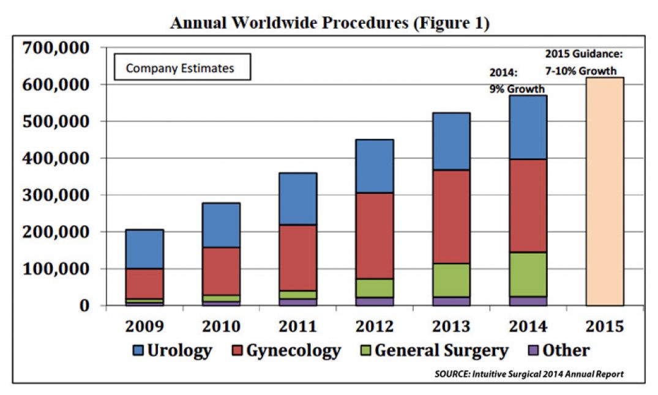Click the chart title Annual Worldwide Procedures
[x=329, y=23]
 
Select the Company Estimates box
[x=180, y=68]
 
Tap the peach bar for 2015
[x=605, y=191]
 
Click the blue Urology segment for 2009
[x=144, y=249]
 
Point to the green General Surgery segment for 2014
[x=528, y=274]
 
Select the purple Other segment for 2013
[x=451, y=301]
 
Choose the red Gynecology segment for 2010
[x=221, y=271]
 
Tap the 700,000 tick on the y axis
[x=56, y=47]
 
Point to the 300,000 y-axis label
[x=56, y=195]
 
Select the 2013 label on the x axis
[x=451, y=325]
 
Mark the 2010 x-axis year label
[x=221, y=325]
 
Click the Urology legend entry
[x=172, y=350]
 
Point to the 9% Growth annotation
[x=517, y=89]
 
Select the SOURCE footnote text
[x=529, y=374]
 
